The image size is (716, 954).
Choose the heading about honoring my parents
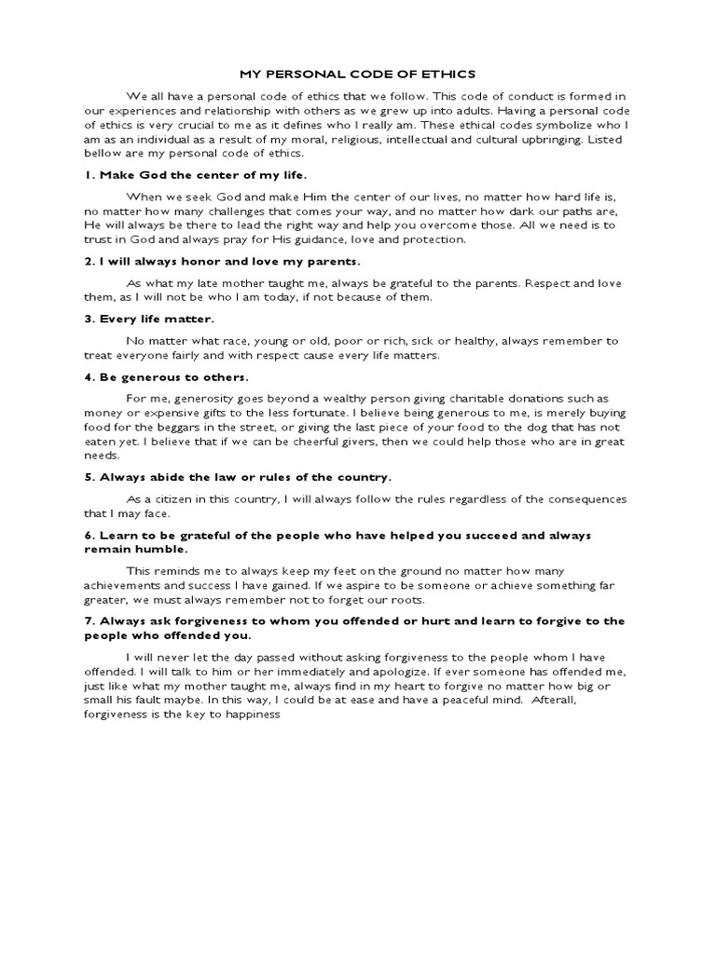coord(221,262)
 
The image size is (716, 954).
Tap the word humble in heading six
coord(144,550)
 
